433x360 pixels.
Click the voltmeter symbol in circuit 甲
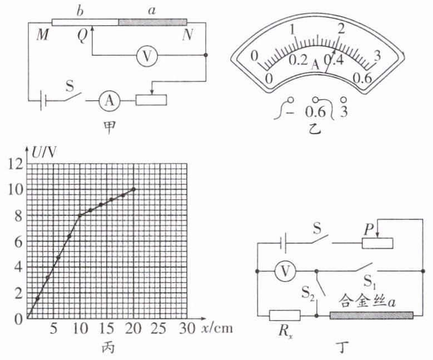147,56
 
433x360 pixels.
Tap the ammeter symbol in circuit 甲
110,100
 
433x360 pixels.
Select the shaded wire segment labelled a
153,22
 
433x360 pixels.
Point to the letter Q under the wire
82,36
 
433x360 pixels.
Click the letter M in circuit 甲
42,35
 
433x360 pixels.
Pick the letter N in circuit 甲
187,35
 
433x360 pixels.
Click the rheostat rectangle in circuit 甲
151,100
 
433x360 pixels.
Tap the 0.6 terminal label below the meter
316,112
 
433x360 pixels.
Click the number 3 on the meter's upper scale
377,56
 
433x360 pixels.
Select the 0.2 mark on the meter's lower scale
298,60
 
